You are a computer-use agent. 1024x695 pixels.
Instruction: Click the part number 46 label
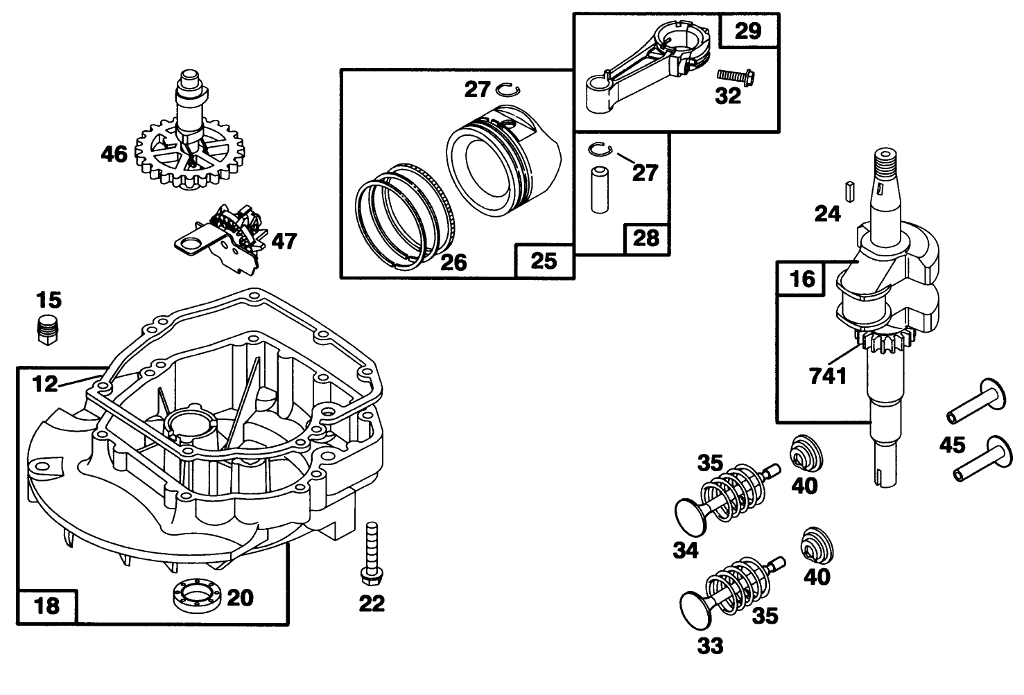114,154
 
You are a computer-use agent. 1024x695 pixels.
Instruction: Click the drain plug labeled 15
46,329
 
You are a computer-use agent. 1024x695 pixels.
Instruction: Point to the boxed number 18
47,606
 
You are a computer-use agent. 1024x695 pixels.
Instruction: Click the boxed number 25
544,261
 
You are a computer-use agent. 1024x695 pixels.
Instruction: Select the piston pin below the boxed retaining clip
598,188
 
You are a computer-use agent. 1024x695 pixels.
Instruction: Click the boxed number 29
748,31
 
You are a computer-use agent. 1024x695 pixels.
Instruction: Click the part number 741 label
828,376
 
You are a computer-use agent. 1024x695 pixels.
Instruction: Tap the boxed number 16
801,279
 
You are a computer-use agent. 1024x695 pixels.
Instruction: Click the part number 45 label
952,445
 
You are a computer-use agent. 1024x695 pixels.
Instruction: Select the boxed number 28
646,239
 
